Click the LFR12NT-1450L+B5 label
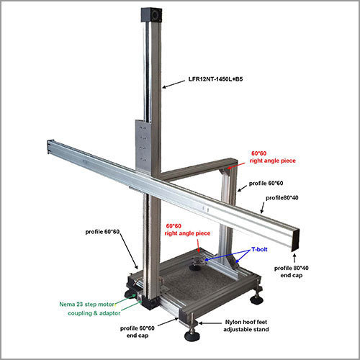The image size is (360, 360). coord(215,79)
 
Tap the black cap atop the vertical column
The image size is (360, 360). coord(151,15)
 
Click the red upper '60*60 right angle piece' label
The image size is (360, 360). coord(273,157)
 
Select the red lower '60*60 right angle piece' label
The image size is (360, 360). coord(187,230)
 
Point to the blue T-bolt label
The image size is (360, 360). coord(259,249)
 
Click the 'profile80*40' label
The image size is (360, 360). coord(282,198)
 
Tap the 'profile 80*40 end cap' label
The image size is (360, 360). coord(292,271)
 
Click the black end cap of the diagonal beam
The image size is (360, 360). coord(296,240)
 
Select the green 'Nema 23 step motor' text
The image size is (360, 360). coord(87,305)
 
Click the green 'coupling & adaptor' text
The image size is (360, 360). coord(94,313)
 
